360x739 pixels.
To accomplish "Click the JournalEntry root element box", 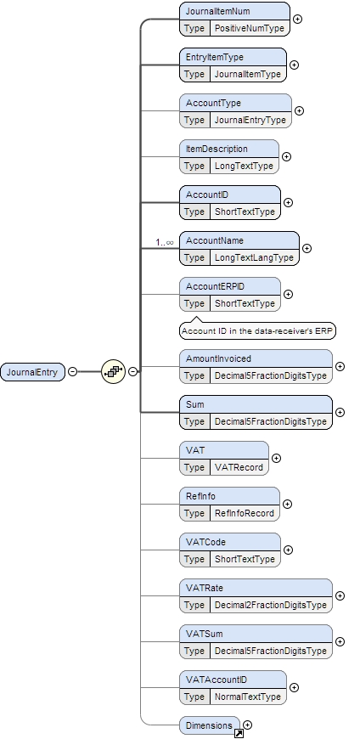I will point(32,371).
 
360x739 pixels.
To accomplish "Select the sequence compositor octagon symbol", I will point(113,371).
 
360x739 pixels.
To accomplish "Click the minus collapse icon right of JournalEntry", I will point(72,371).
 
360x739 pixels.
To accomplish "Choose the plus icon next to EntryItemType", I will point(294,65).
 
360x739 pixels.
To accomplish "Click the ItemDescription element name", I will point(217,149).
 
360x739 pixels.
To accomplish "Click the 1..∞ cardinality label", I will point(165,242).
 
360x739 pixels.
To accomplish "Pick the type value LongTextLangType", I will point(253,257).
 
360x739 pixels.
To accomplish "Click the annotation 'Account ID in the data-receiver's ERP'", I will point(257,330).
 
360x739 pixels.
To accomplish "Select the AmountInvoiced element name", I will point(218,359).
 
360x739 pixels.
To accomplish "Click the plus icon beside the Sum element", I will point(340,412).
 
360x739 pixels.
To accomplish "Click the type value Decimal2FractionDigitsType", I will point(270,605).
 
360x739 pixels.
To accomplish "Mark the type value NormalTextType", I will point(247,697).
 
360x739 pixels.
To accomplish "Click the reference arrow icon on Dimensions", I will point(239,733).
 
